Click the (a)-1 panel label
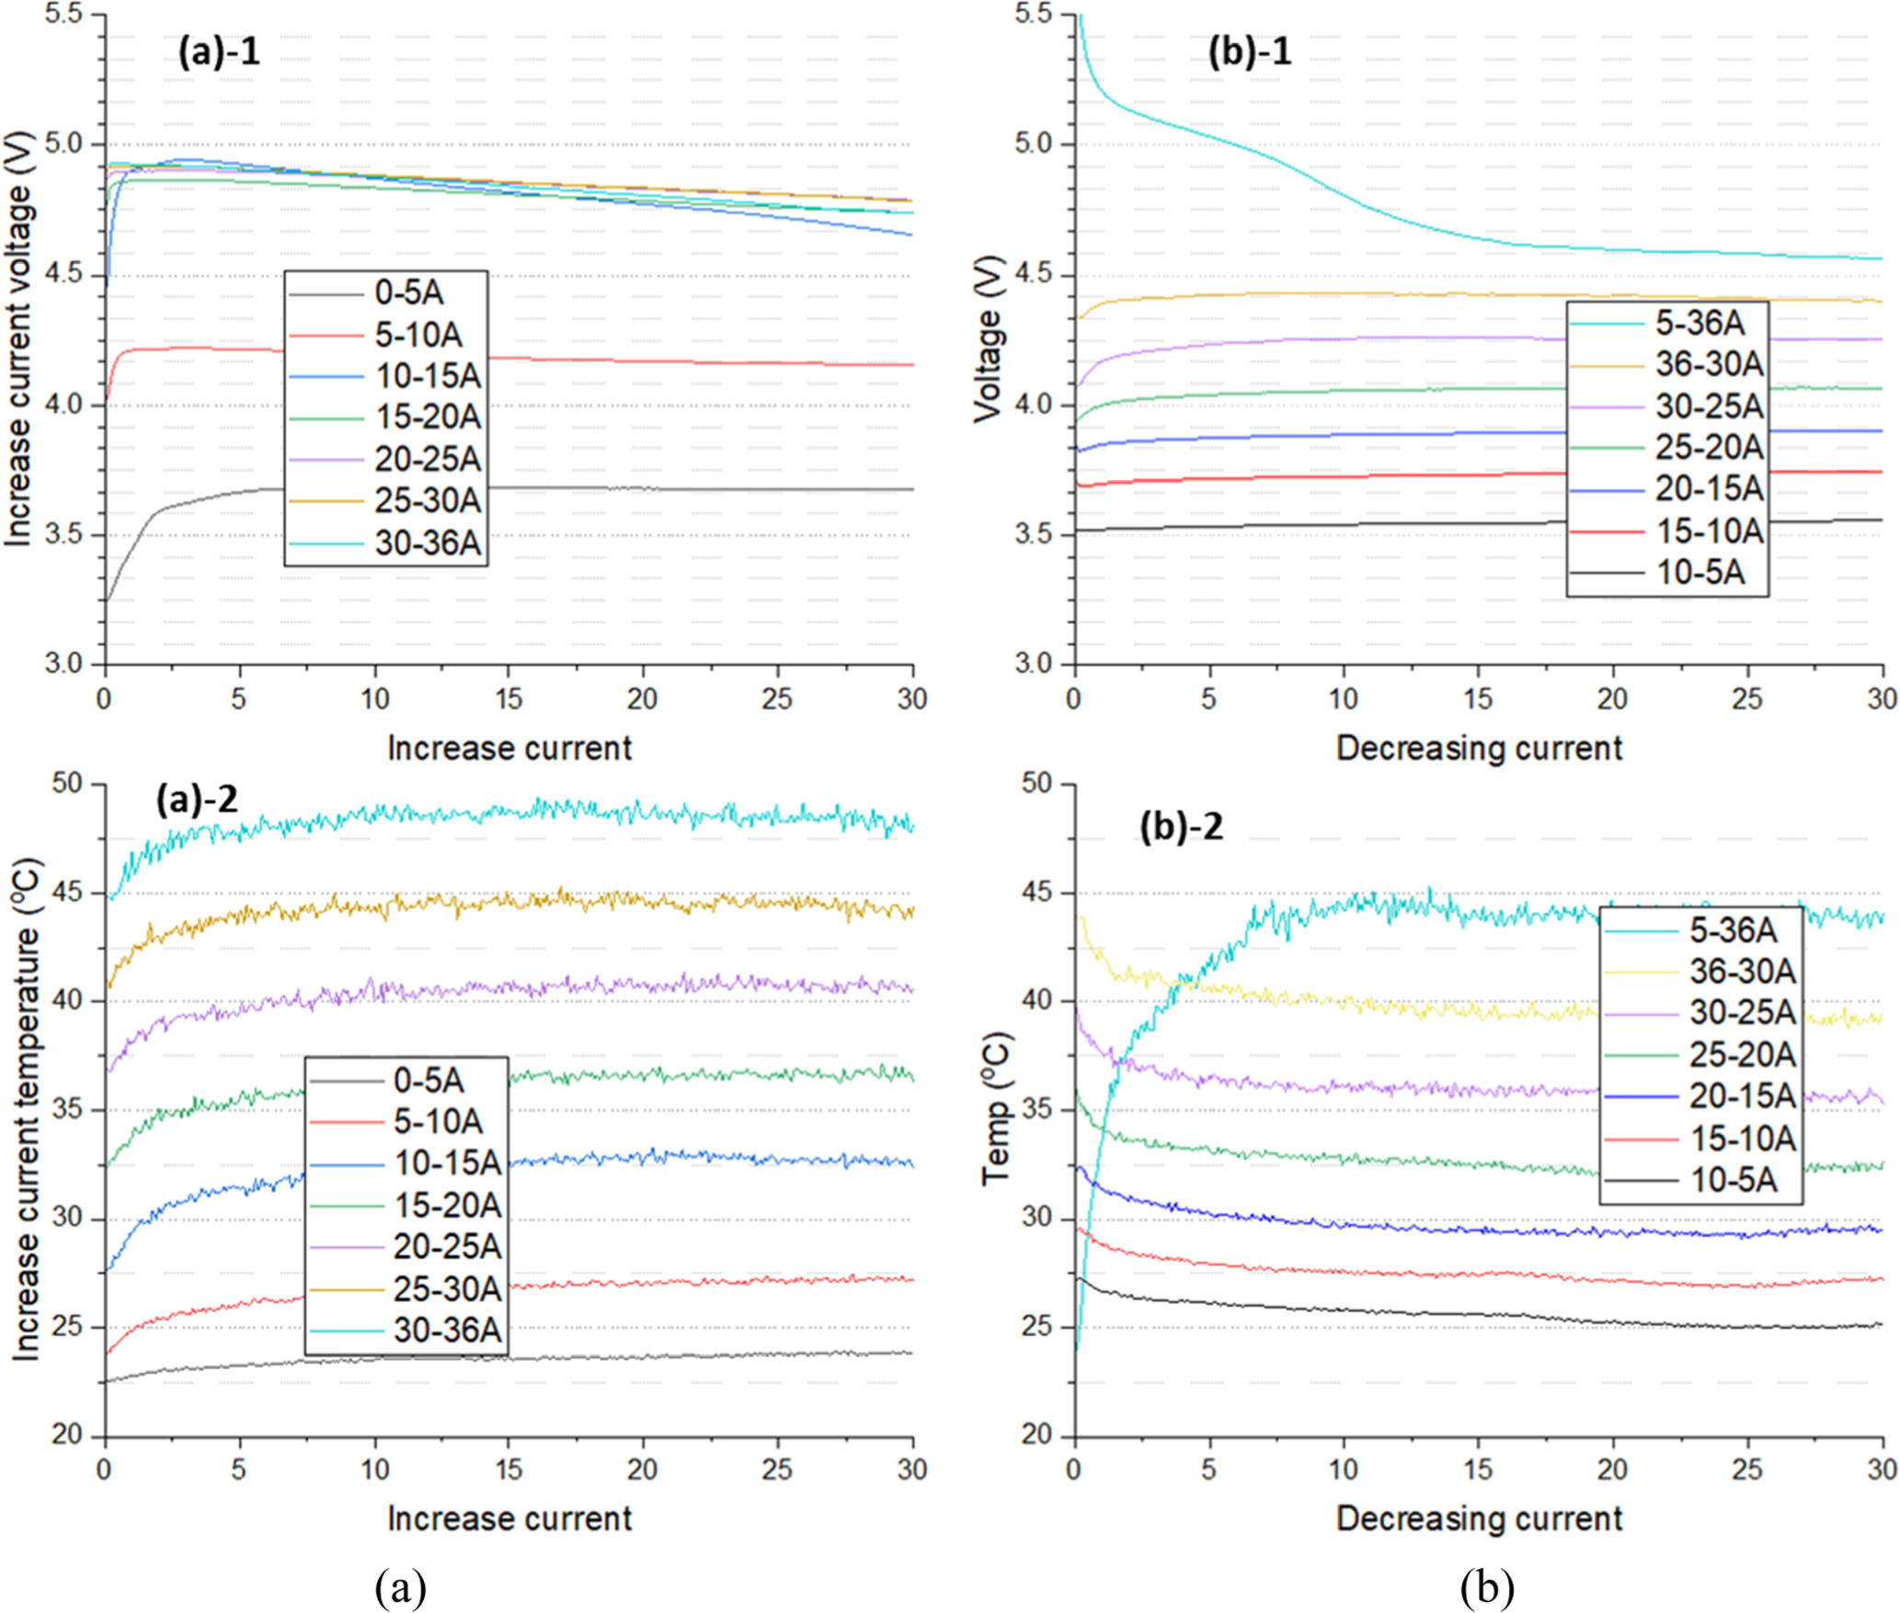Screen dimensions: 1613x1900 (219, 51)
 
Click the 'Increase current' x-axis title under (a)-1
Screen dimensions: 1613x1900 (509, 749)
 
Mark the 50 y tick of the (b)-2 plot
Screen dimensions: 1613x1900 (1036, 784)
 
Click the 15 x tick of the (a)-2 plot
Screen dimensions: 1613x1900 (509, 1470)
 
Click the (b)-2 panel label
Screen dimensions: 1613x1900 (1181, 828)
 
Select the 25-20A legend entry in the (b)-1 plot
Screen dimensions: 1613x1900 (1709, 447)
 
